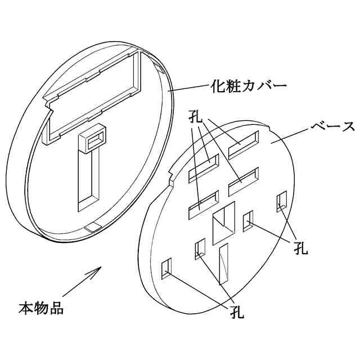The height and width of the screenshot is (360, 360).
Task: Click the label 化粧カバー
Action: coord(249,87)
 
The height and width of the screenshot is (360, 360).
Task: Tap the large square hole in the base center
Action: coord(223,224)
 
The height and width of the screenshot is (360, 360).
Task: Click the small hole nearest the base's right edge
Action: coord(282,201)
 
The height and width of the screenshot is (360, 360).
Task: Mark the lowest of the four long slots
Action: coord(203,204)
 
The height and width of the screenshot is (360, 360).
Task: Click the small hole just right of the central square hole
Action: coord(247,222)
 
